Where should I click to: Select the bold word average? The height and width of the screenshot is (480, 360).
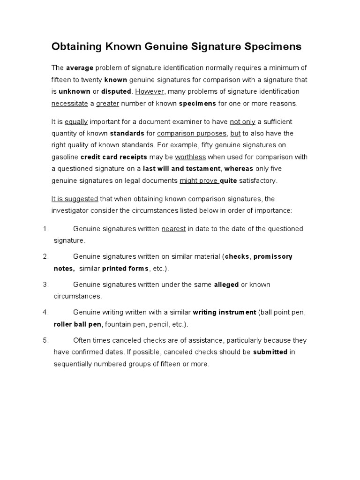tap(80, 68)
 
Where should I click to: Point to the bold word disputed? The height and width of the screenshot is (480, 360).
tap(116, 91)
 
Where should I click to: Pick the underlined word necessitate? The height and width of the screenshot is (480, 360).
tap(69, 103)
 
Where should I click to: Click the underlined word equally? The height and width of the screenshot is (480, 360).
tap(76, 122)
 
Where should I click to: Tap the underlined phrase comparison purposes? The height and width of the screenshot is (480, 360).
tap(191, 134)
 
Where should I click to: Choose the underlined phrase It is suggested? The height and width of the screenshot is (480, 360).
tap(75, 199)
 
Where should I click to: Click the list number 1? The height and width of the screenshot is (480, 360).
tap(45, 229)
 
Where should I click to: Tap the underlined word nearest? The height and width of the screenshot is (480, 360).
tap(173, 229)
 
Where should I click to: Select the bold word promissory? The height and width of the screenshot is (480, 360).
tap(273, 256)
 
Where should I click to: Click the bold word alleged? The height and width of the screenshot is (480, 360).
tap(226, 285)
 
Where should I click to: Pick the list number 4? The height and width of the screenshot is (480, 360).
tap(45, 312)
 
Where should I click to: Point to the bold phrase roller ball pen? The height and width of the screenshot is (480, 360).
tap(78, 324)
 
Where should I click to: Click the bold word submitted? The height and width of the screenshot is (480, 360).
tap(270, 352)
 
